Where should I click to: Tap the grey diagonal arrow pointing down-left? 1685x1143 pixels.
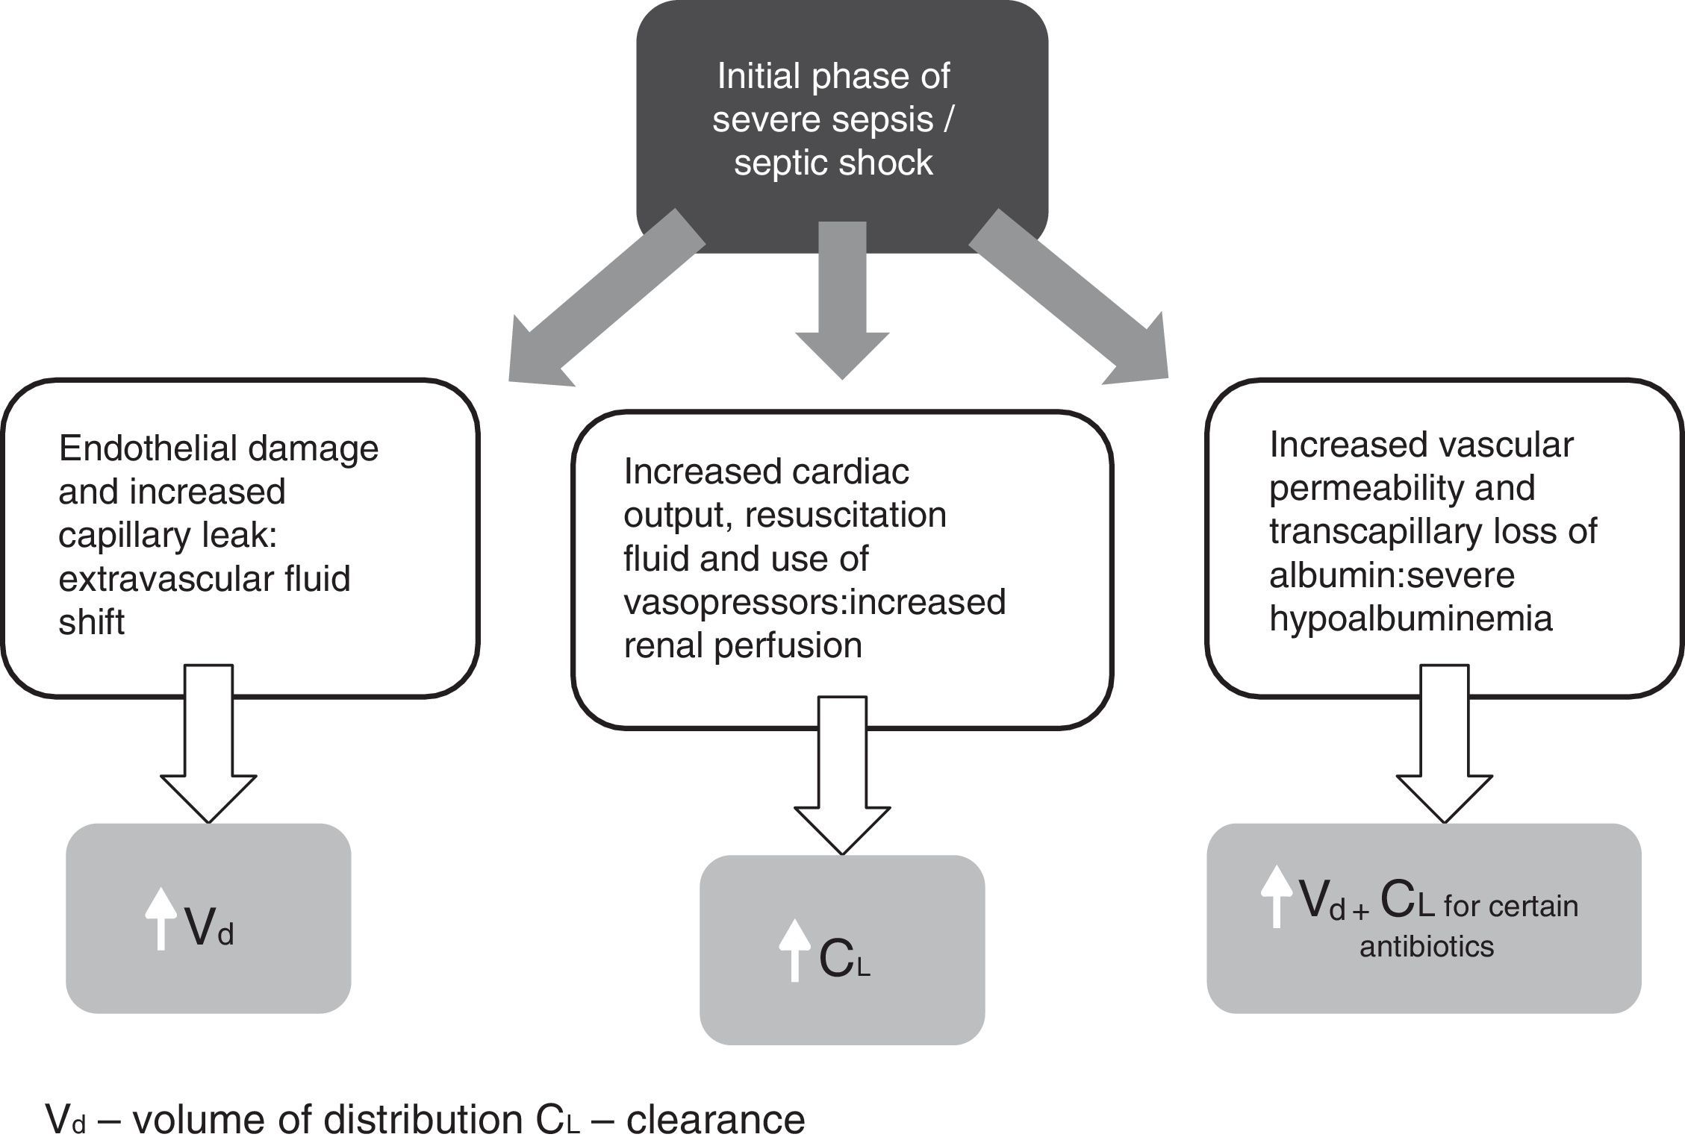click(597, 306)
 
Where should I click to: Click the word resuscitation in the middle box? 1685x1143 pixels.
click(846, 515)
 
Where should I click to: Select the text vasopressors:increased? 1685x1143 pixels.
click(815, 601)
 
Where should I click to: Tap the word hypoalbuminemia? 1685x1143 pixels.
click(1411, 618)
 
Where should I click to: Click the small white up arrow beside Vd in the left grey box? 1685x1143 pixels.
click(161, 918)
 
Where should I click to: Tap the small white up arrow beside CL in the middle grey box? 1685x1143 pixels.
click(794, 950)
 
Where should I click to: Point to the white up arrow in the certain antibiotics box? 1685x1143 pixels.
click(1276, 896)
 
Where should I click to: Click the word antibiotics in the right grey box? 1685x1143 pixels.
click(1427, 946)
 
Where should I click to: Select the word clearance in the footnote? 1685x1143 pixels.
click(715, 1120)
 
